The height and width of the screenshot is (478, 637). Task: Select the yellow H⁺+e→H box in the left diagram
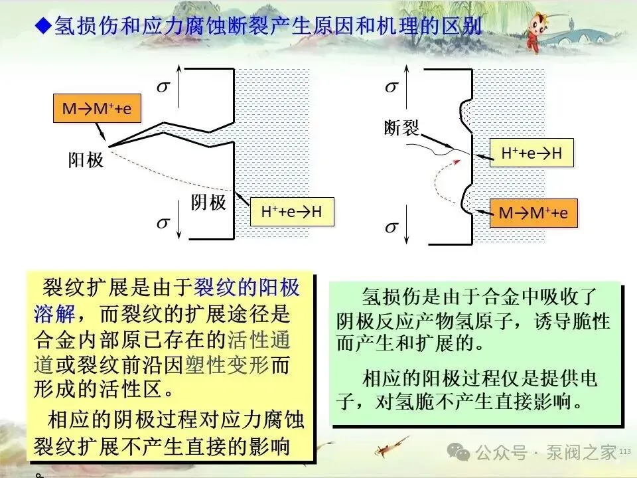[x=291, y=212]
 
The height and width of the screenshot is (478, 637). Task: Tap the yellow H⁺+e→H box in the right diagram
[x=531, y=153]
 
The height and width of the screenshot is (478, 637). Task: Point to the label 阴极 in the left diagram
[x=208, y=202]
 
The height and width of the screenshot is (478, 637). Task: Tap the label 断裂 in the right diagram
[x=402, y=127]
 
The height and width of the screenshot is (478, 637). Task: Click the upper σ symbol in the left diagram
[x=163, y=86]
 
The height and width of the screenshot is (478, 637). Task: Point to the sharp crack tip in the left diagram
[x=109, y=145]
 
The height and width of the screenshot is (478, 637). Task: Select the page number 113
[x=624, y=452]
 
